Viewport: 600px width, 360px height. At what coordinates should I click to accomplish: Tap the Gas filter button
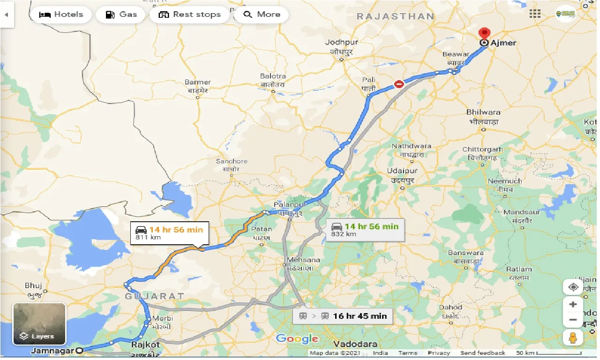(x=121, y=15)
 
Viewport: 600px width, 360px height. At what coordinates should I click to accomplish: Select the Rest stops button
(x=189, y=15)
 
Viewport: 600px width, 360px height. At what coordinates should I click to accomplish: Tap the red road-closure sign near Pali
(x=399, y=84)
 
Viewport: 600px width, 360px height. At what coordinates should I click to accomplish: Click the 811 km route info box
(x=170, y=233)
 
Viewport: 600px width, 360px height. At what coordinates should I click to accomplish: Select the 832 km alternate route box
(x=364, y=230)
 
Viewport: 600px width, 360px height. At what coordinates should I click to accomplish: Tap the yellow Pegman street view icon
(x=573, y=337)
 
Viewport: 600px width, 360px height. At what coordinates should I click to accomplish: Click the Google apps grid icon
(x=535, y=14)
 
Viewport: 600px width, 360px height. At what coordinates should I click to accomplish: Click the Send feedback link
(x=482, y=353)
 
